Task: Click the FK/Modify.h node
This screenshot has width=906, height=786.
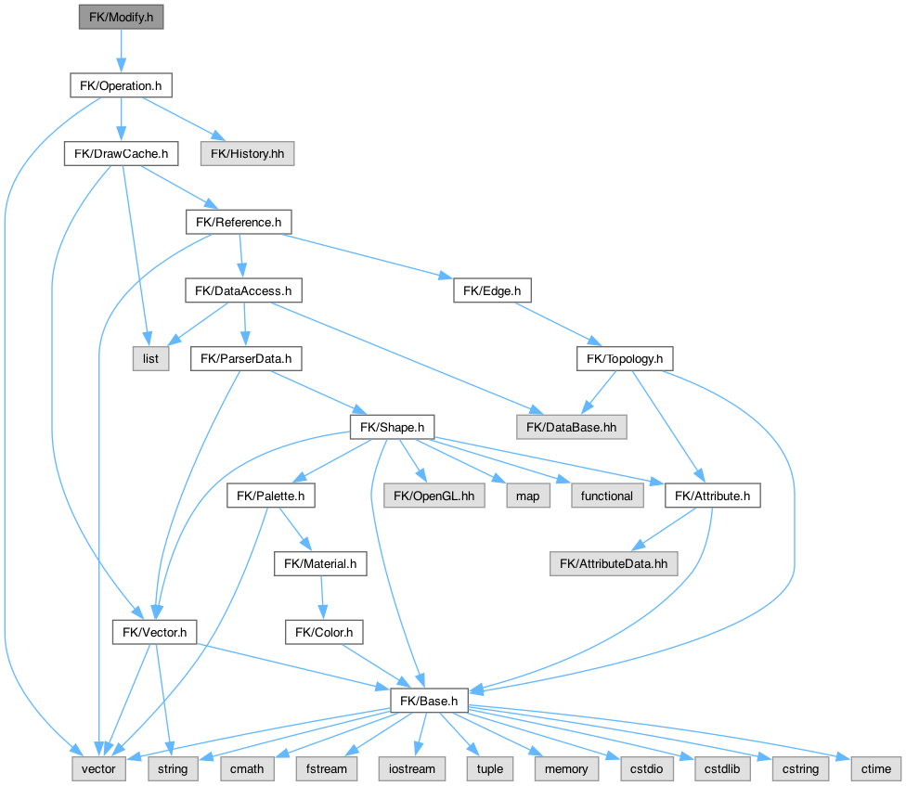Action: [x=120, y=17]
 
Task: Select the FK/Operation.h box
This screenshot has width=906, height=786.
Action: [x=120, y=86]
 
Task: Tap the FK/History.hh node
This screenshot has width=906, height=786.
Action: [x=247, y=154]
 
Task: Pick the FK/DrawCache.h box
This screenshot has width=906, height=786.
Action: [x=121, y=154]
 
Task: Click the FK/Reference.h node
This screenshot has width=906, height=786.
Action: [x=239, y=222]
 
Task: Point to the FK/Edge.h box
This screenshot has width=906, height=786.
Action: [x=492, y=290]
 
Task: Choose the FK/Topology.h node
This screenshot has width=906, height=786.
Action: [x=625, y=358]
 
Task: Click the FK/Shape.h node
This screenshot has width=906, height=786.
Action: [x=392, y=427]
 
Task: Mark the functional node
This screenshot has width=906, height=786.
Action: [x=606, y=496]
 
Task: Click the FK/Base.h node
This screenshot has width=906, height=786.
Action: [x=428, y=701]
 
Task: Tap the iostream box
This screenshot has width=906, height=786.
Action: [x=413, y=768]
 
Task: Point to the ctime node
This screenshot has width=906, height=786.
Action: [x=875, y=768]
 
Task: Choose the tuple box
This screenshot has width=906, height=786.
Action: [x=490, y=768]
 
